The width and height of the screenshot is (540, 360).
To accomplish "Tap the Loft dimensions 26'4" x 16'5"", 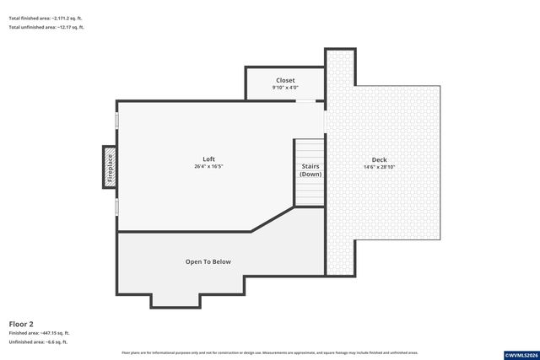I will click(208, 167).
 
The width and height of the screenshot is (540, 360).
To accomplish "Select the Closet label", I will click(285, 81).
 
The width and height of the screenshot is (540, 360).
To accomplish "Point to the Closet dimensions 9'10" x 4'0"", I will click(285, 88).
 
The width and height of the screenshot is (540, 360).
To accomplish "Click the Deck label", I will click(379, 160).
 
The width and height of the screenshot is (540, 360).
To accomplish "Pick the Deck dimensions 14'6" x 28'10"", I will click(379, 167).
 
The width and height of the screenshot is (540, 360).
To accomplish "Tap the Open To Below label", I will click(208, 262).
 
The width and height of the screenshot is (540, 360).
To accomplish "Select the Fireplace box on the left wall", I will click(109, 165).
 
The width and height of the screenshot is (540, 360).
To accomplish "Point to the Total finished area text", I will click(46, 18).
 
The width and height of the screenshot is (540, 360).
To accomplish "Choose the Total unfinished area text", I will click(46, 28).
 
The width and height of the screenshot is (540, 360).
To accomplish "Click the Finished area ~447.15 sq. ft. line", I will click(40, 333).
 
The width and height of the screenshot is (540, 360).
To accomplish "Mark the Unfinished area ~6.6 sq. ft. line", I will click(38, 342).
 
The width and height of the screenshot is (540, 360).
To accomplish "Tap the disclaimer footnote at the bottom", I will click(269, 352).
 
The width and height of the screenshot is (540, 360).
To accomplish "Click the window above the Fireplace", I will click(116, 121).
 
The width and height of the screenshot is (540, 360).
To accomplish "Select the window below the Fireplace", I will click(116, 207).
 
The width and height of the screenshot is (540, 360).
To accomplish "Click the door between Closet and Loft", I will click(305, 101).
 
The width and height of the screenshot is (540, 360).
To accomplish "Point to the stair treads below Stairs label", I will click(310, 192).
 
